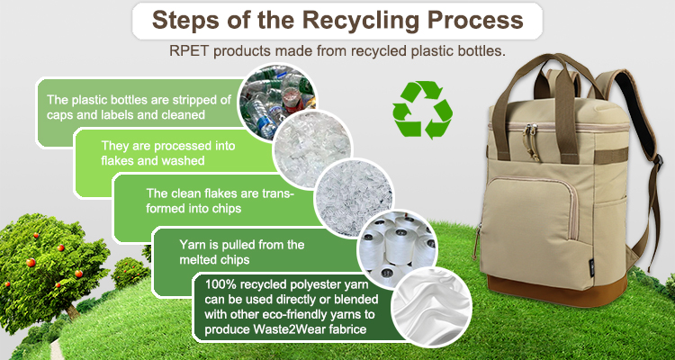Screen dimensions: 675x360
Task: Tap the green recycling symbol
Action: click(x=422, y=110)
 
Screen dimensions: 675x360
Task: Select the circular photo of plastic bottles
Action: click(x=277, y=102)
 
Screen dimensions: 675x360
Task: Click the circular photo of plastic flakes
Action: click(x=312, y=149)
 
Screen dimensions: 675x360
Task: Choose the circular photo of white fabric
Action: click(x=431, y=307)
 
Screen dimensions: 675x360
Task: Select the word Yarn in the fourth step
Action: click(x=190, y=245)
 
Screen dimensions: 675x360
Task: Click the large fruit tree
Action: click(x=50, y=268)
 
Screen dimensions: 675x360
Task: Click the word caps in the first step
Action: click(x=57, y=116)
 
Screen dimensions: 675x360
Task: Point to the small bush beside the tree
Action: click(x=130, y=273)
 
